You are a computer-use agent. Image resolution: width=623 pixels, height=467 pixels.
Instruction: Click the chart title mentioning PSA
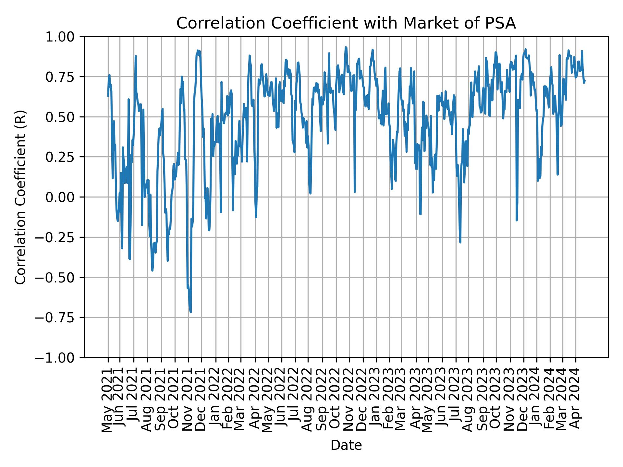click(346, 24)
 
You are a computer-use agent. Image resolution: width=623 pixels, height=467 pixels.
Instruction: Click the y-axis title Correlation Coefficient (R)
click(20, 197)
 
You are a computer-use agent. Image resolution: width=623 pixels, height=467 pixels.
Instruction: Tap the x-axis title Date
click(346, 445)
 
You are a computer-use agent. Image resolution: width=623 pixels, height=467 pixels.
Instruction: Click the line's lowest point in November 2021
click(191, 312)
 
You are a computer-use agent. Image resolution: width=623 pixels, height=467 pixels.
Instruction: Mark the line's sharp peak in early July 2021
click(136, 56)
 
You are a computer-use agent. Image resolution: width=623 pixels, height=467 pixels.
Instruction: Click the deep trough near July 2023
click(460, 242)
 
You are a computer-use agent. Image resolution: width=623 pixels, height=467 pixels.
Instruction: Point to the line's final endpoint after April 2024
click(585, 81)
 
